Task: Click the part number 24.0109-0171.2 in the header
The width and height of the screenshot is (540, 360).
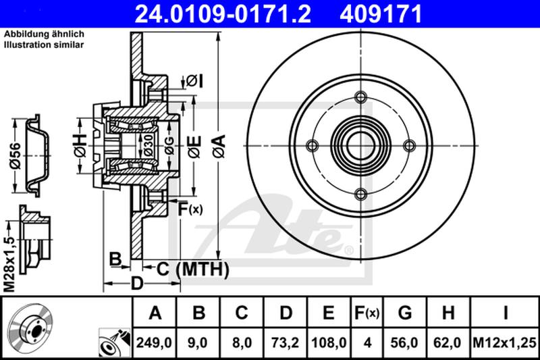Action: pyautogui.click(x=223, y=14)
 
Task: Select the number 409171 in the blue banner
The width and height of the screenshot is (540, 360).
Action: pyautogui.click(x=381, y=14)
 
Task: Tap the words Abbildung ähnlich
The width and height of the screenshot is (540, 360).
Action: pyautogui.click(x=44, y=34)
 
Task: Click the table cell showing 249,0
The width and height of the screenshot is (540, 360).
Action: pyautogui.click(x=155, y=342)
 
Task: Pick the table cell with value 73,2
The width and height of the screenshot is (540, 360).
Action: pyautogui.click(x=286, y=342)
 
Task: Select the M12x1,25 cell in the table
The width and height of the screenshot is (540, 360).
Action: pyautogui.click(x=504, y=342)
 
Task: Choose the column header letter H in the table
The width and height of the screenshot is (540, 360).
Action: pyautogui.click(x=448, y=313)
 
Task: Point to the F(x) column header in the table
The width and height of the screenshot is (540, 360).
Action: pyautogui.click(x=367, y=313)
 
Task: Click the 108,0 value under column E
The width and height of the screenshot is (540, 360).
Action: pyautogui.click(x=329, y=342)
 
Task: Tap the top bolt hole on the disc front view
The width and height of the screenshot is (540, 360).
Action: pyautogui.click(x=360, y=97)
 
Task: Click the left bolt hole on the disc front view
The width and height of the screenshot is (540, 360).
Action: pyautogui.click(x=312, y=146)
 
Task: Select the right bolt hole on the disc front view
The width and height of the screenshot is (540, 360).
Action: pyautogui.click(x=410, y=146)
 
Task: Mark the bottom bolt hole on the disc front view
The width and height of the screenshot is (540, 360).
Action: pyautogui.click(x=360, y=195)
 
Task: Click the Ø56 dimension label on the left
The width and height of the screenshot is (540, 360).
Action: pyautogui.click(x=16, y=156)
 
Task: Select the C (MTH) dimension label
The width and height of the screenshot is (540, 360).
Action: pyautogui.click(x=192, y=269)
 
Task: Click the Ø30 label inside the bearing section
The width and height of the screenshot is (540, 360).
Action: pyautogui.click(x=148, y=145)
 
